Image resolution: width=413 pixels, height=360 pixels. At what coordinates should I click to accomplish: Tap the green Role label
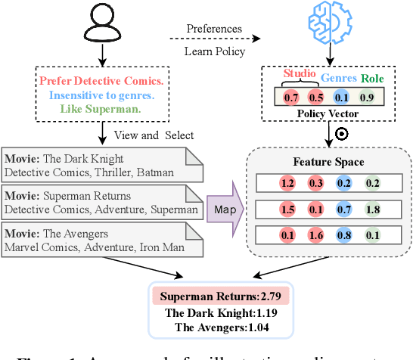point(372,77)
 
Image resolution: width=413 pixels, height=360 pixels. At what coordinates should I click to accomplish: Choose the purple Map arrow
point(225,209)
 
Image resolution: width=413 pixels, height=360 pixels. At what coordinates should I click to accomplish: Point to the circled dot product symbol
point(341,135)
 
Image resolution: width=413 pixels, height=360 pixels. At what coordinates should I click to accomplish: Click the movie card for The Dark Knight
point(102,166)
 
